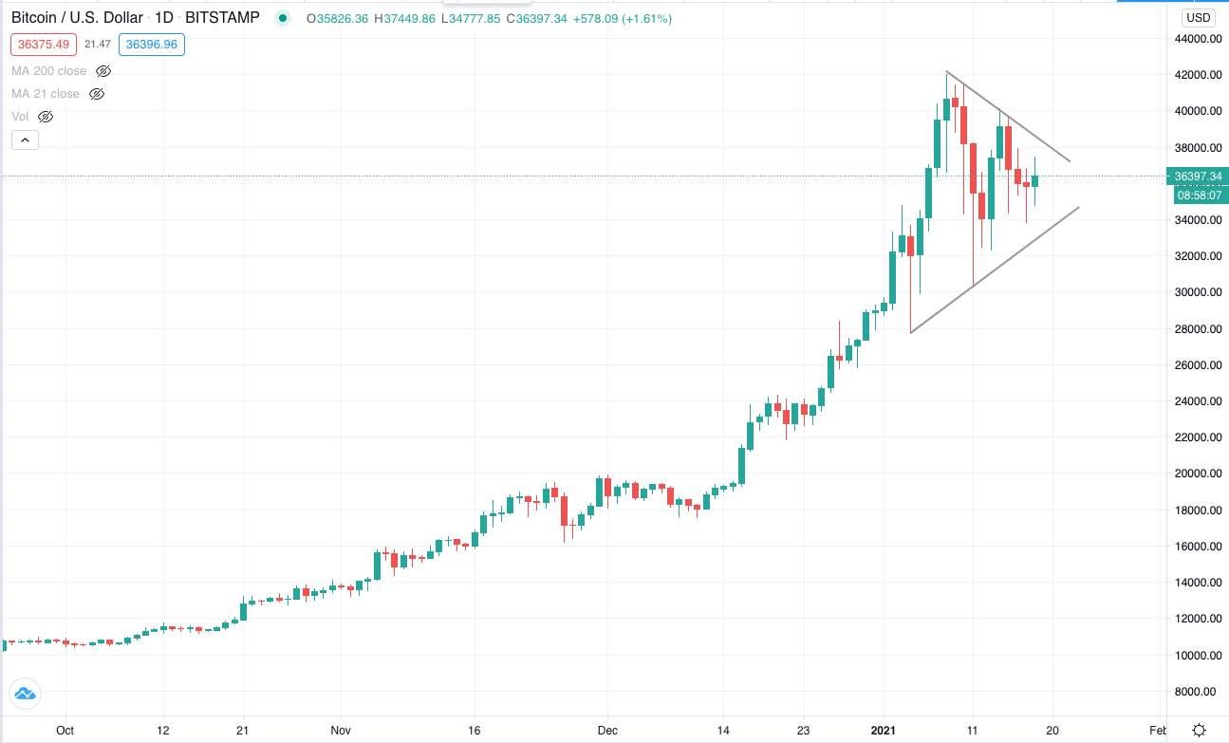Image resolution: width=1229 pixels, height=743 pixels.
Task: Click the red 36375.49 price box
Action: pos(44,45)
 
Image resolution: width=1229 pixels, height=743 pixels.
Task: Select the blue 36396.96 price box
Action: pos(152,45)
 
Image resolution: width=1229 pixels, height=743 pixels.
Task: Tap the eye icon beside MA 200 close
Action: pos(103,71)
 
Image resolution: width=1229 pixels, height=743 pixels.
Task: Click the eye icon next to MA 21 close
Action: pos(97,94)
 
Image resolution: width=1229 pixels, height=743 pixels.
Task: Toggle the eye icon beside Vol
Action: pos(46,117)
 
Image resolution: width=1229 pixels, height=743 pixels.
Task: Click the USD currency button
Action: pos(1198,18)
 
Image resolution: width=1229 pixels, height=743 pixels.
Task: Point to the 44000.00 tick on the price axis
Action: pos(1198,38)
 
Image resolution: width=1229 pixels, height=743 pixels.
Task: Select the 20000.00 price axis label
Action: pos(1198,473)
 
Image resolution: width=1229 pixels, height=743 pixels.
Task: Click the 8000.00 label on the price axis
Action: pos(1201,692)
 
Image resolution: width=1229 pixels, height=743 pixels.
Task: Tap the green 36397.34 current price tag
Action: pos(1198,176)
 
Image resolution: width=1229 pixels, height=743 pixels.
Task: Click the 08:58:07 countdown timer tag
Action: pos(1201,195)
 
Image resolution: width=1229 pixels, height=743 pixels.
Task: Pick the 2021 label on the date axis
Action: pos(884,731)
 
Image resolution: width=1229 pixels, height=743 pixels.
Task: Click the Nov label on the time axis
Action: pos(341,731)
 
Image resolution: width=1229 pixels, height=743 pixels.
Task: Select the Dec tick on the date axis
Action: pos(607,731)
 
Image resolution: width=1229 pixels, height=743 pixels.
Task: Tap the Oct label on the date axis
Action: pos(65,731)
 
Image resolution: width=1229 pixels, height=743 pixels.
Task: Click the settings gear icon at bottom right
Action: pos(1200,731)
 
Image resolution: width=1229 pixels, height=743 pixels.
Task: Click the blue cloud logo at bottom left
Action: pos(25,694)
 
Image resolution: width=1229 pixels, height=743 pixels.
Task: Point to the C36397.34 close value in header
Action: pos(536,19)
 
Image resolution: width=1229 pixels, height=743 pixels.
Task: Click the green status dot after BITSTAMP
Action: pos(283,18)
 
